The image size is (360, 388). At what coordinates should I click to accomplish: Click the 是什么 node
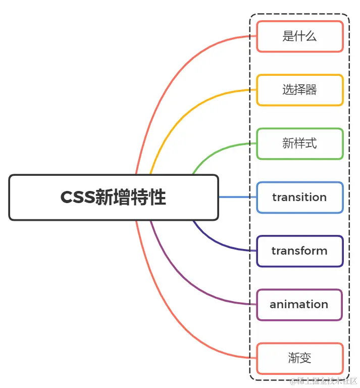[x=299, y=36]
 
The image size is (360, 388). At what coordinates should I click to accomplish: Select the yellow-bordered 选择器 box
[x=299, y=90]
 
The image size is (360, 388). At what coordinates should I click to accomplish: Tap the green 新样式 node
[x=299, y=143]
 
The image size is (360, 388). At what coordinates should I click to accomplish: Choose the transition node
[x=299, y=197]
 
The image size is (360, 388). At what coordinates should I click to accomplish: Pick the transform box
[x=299, y=251]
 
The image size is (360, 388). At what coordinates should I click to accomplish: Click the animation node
[x=299, y=304]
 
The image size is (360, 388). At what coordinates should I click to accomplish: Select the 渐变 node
[x=299, y=358]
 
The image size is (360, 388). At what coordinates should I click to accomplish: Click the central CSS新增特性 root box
[x=114, y=197]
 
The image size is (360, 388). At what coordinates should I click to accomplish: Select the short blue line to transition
[x=237, y=197]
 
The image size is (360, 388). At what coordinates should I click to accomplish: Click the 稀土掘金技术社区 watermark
[x=323, y=380]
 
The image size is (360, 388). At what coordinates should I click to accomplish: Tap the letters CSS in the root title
[x=77, y=198]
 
